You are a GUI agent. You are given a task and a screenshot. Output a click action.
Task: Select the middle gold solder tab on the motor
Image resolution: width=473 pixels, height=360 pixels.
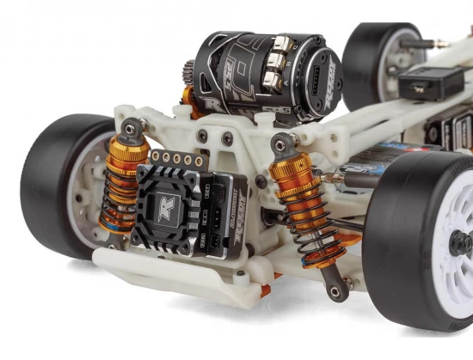(276, 65)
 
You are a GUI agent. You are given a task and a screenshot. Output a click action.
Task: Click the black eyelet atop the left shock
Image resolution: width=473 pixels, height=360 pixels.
(129, 131)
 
